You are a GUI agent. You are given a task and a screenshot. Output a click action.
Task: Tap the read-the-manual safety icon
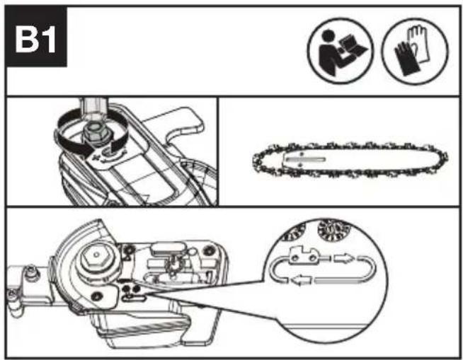(x=340, y=51)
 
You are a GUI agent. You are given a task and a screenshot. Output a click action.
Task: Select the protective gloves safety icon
(x=415, y=51)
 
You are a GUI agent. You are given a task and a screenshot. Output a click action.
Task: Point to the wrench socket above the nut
(x=94, y=107)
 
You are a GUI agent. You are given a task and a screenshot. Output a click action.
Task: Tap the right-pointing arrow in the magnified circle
(x=343, y=258)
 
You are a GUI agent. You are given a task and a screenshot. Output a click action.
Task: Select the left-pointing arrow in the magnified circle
(x=301, y=279)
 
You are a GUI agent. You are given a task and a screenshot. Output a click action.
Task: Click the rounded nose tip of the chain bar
(x=443, y=158)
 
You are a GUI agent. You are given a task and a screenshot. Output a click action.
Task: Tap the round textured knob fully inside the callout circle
(x=333, y=230)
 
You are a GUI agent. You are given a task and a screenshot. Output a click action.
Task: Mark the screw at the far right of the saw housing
(x=208, y=250)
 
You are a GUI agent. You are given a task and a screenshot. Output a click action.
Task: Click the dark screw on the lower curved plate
(x=97, y=296)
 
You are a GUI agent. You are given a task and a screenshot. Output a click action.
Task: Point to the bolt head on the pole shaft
(x=30, y=271)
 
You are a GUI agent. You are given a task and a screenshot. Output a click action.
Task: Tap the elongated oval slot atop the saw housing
(x=166, y=248)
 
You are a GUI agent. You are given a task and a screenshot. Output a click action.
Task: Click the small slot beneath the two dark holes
(x=135, y=298)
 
